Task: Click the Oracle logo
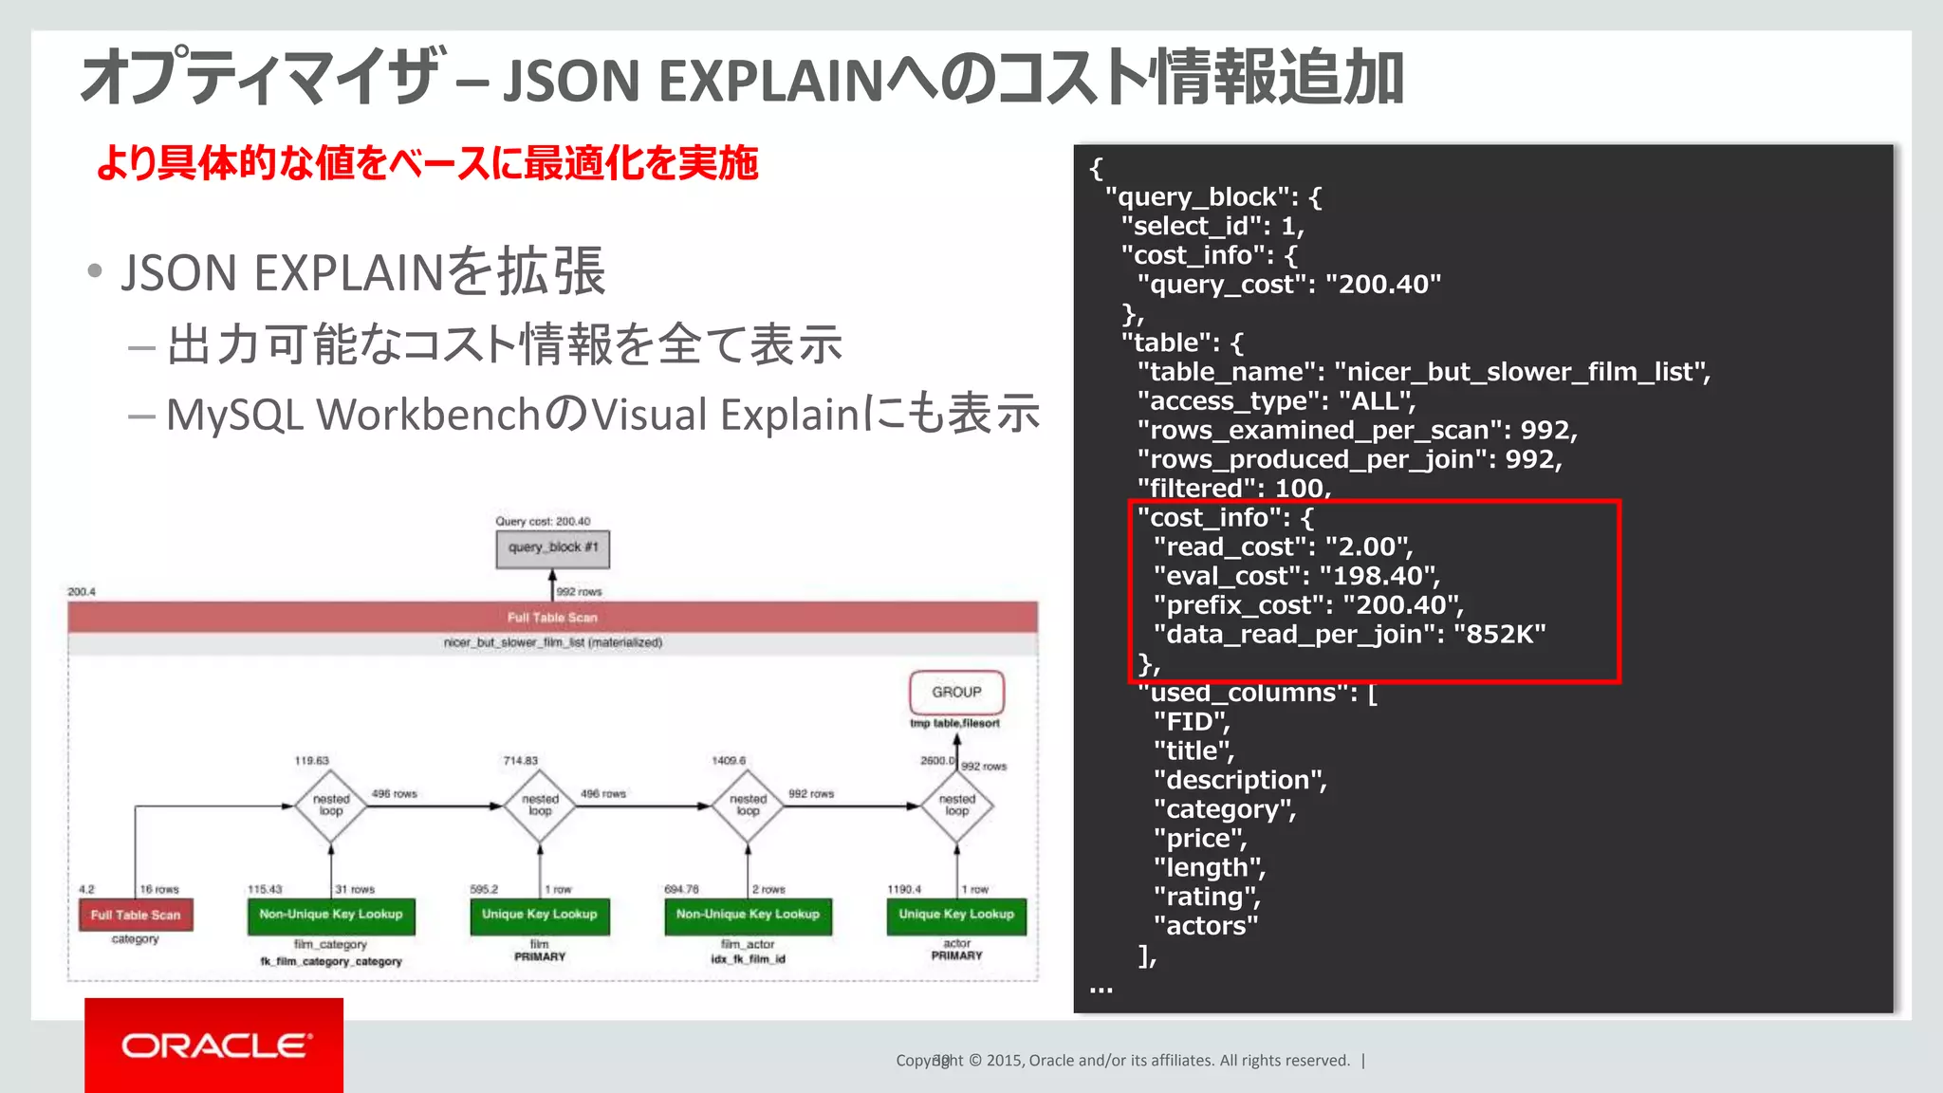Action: pos(214,1045)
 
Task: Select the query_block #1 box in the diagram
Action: pos(552,548)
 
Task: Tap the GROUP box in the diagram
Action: pos(956,693)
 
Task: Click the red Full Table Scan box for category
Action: pos(136,915)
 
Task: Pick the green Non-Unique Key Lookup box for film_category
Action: pos(331,915)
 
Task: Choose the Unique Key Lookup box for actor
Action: pos(956,915)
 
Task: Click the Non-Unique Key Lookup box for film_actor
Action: pos(748,915)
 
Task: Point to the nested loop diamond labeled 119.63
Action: pos(331,806)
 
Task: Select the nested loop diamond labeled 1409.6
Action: pos(748,806)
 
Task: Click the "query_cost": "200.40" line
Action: pos(1288,285)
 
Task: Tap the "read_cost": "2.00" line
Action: pos(1283,547)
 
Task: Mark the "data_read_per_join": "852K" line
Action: pos(1349,635)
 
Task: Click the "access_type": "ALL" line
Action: pos(1276,401)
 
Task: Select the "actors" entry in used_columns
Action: pos(1206,926)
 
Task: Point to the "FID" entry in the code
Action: pos(1192,722)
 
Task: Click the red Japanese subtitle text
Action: pos(427,163)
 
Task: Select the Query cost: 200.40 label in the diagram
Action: pos(543,521)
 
